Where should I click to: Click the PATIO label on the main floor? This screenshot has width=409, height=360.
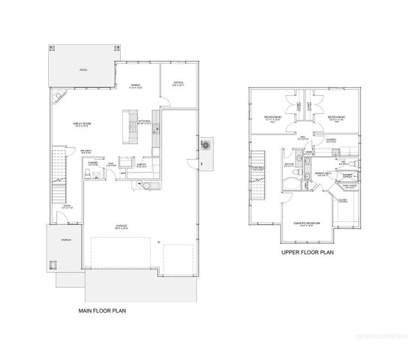tap(84, 70)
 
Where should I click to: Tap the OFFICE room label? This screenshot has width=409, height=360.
tap(179, 83)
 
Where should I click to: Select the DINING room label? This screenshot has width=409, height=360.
tap(136, 85)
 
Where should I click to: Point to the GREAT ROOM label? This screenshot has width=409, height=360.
tap(82, 124)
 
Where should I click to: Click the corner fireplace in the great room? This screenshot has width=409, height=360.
tap(58, 95)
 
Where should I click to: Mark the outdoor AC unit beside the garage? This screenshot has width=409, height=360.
tap(206, 145)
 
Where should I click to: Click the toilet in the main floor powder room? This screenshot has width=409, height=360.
tap(89, 174)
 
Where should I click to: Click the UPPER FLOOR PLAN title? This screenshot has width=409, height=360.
tap(308, 253)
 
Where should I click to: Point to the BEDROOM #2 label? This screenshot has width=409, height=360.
tap(272, 118)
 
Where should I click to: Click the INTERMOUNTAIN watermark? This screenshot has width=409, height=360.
tap(379, 334)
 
